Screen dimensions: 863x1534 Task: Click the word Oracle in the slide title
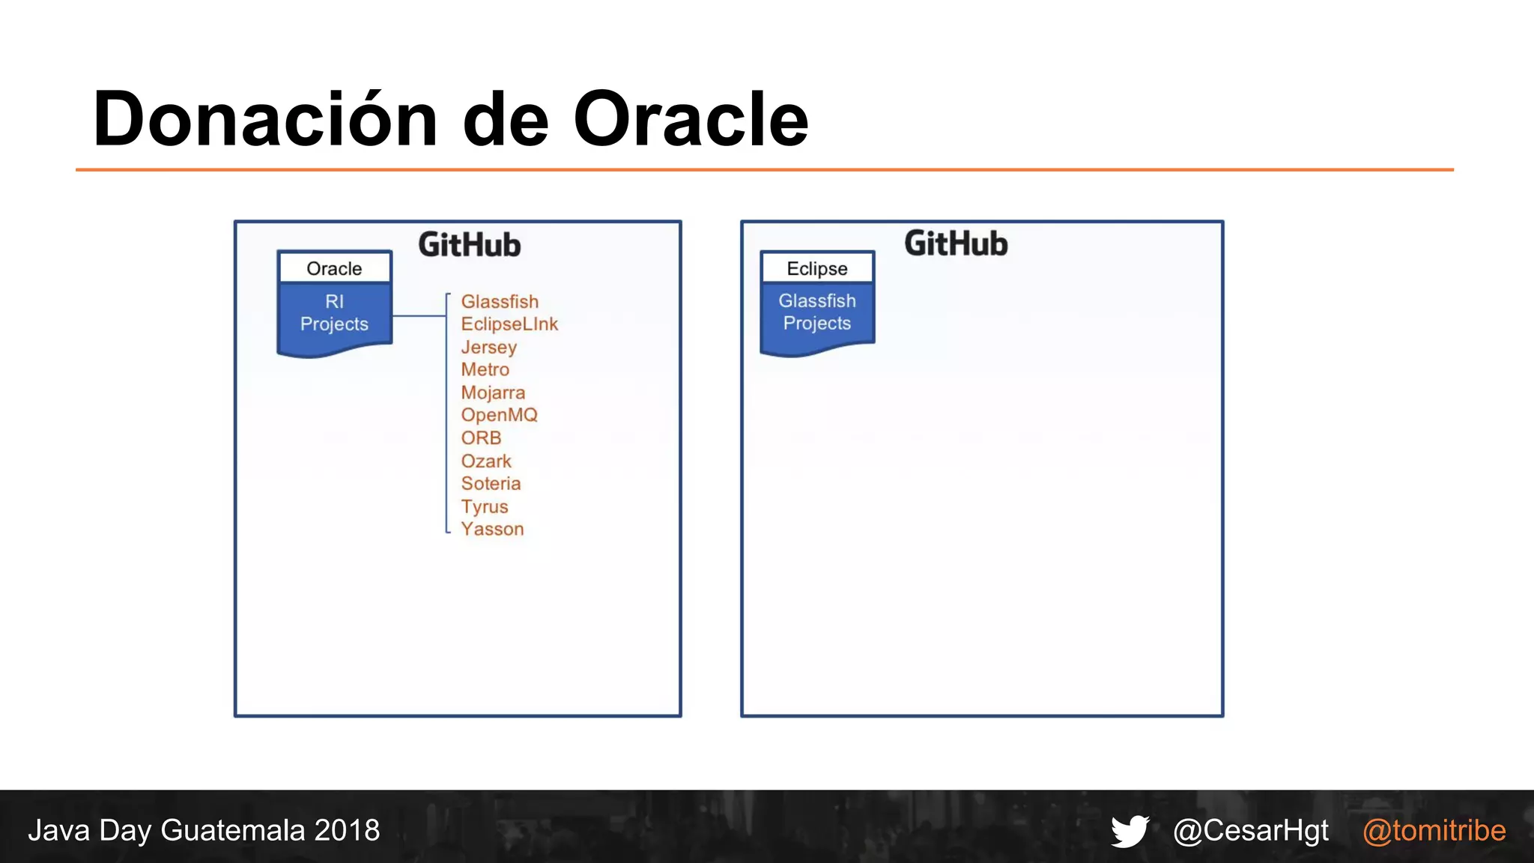(x=691, y=120)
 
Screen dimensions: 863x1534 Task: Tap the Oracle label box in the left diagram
(x=334, y=268)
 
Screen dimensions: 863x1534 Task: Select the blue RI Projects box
(x=334, y=315)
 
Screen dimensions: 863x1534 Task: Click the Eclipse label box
(x=817, y=268)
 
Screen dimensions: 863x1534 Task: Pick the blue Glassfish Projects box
(x=817, y=313)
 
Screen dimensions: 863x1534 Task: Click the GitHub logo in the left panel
(x=470, y=245)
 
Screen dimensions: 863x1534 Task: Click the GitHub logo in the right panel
(x=956, y=243)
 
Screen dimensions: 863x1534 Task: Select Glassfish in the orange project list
(x=500, y=301)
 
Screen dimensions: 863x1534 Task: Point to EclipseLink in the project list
(x=509, y=324)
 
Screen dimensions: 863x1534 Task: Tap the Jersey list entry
(x=488, y=347)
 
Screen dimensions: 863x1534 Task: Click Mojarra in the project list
(x=493, y=393)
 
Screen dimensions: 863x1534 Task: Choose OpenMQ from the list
(x=499, y=415)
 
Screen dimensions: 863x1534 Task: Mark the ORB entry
(x=481, y=437)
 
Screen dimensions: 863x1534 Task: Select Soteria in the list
(x=491, y=483)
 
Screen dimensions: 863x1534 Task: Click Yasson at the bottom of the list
(x=492, y=529)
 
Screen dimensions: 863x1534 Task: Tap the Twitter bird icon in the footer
(x=1130, y=831)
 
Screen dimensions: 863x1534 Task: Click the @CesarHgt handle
(x=1251, y=831)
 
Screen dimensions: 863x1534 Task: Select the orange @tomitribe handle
(x=1434, y=831)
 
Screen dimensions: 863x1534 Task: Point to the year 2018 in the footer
(x=347, y=831)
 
